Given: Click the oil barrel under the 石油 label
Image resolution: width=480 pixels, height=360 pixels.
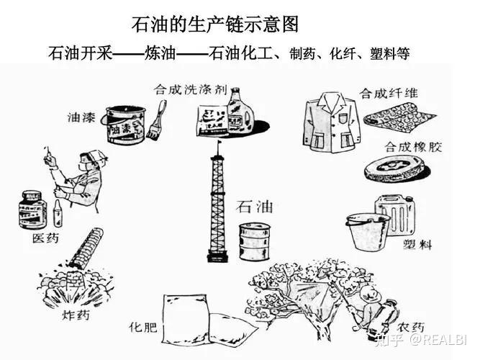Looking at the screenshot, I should pyautogui.click(x=254, y=240).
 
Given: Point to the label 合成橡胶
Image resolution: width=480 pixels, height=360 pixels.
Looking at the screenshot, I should pyautogui.click(x=413, y=146).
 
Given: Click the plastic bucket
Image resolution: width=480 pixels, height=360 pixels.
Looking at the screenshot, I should pyautogui.click(x=367, y=230).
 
